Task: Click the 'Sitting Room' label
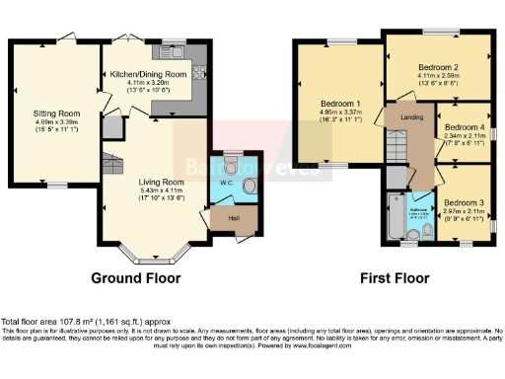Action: pos(57,114)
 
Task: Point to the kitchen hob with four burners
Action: pos(200,70)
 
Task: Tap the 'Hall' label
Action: pos(235,218)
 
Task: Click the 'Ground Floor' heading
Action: pos(136,278)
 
